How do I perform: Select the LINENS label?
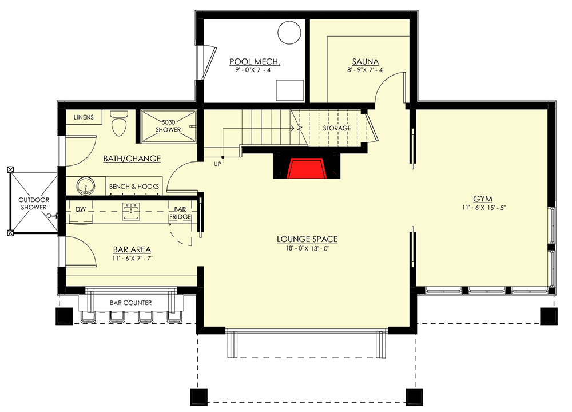pos(84,117)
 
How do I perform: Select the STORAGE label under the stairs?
pos(337,128)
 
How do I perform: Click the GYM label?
pos(483,199)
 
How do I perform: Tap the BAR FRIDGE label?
pos(180,213)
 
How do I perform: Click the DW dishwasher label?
pos(80,209)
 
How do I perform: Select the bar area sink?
pos(131,212)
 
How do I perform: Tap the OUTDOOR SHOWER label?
pos(34,203)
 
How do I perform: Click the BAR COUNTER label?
pos(130,302)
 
